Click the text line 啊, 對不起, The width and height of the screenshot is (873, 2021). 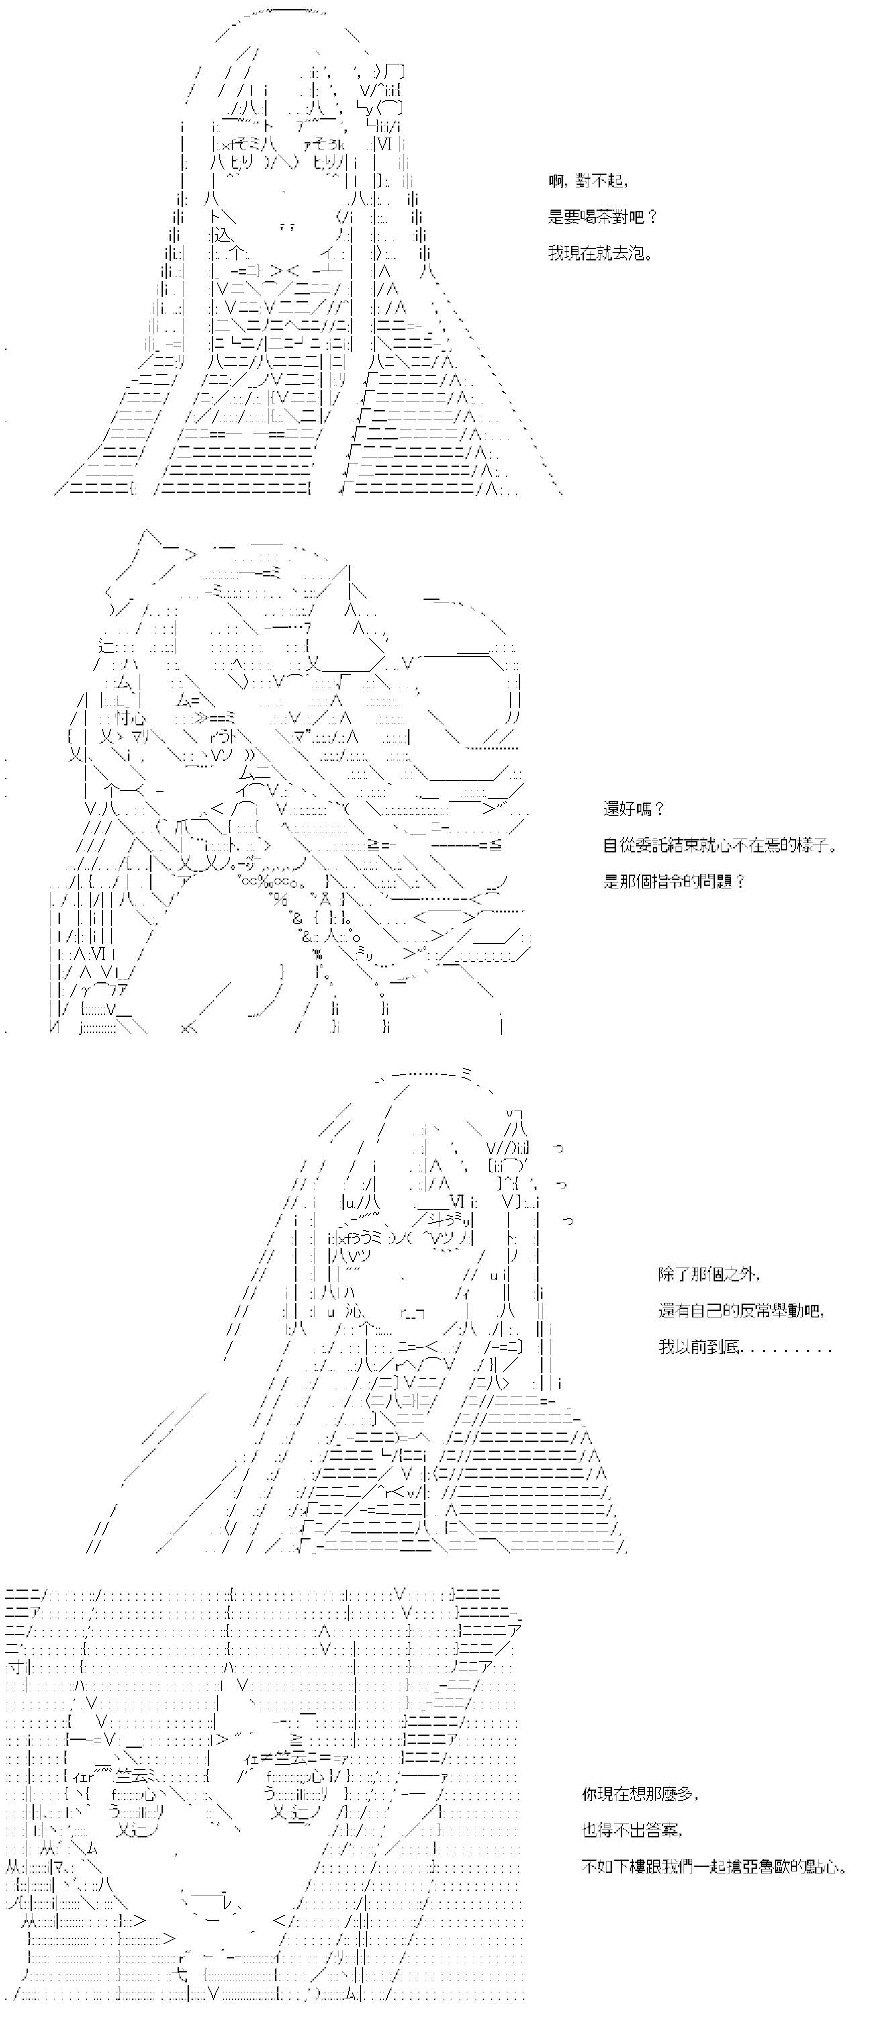click(x=588, y=181)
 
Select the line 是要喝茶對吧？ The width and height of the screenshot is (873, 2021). click(x=602, y=218)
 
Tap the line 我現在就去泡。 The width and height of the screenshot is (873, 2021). click(x=601, y=253)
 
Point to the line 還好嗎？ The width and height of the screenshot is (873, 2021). click(x=634, y=809)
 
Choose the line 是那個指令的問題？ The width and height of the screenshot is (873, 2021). click(x=674, y=881)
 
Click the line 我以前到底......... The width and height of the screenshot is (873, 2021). click(x=700, y=1347)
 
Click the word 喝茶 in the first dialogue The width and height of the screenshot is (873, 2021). click(x=601, y=218)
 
